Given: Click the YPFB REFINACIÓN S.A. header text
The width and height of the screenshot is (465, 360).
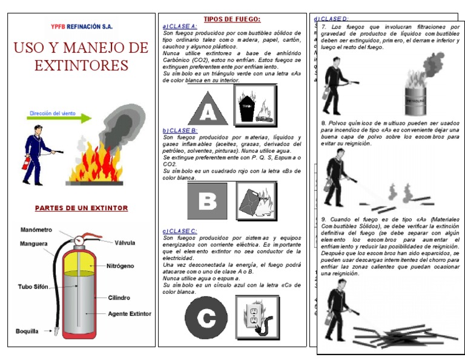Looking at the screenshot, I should point(82,27).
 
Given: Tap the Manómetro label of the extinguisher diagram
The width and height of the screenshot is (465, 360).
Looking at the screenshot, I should point(36,230).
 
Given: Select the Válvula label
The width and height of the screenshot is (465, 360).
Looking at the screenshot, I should point(125,243).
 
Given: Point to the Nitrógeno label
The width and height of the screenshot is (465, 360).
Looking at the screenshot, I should point(120,266).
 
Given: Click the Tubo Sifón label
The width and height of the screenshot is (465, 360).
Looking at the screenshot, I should point(33,286).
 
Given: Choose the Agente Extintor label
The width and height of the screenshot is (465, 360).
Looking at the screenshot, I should point(130,314).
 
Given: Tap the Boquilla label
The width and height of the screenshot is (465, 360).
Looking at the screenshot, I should point(27,332).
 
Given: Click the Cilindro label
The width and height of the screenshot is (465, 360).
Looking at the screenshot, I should point(119,298).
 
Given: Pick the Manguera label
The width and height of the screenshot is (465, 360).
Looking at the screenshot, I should point(33,244).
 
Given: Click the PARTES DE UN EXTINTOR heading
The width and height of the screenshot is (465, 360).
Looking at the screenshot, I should point(81,208).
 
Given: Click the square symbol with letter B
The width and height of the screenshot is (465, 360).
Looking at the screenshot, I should point(207,201).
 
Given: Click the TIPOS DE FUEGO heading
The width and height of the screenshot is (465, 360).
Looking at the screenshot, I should point(232,19).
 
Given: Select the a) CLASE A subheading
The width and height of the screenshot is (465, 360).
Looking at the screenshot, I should point(180,27).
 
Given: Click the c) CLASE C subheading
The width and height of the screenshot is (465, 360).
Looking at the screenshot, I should point(180,231).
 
